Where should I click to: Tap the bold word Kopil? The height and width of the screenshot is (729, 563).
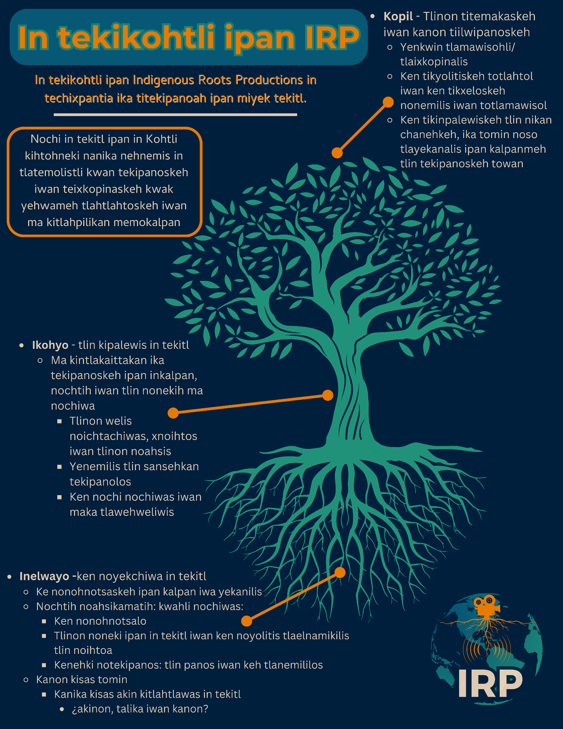click(398, 16)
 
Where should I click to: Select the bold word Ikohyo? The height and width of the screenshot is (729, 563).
click(50, 345)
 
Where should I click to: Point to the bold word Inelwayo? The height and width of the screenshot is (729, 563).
click(44, 576)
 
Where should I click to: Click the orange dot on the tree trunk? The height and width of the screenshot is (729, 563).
click(327, 395)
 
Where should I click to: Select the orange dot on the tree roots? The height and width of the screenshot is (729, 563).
click(340, 572)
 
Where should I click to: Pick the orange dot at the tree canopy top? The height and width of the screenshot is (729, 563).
click(337, 153)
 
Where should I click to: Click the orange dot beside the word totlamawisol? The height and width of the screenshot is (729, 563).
click(388, 102)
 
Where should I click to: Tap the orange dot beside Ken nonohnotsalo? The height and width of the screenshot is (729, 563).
click(246, 621)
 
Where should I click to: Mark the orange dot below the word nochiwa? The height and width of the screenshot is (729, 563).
click(173, 413)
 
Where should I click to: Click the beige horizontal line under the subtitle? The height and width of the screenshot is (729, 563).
click(175, 115)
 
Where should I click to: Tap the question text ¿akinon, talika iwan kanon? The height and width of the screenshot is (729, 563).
click(140, 709)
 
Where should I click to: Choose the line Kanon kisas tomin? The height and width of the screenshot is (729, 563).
click(81, 680)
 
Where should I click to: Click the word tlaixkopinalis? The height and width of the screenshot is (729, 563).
click(434, 62)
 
